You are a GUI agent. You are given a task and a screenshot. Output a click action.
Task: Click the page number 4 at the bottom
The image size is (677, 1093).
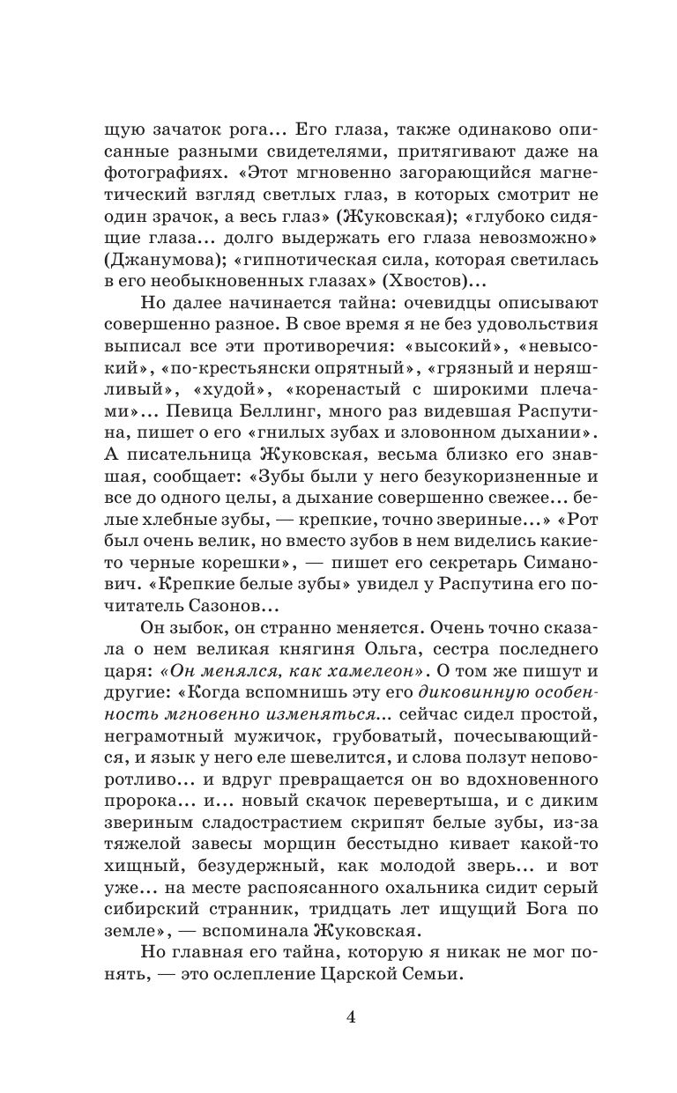click(351, 1018)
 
